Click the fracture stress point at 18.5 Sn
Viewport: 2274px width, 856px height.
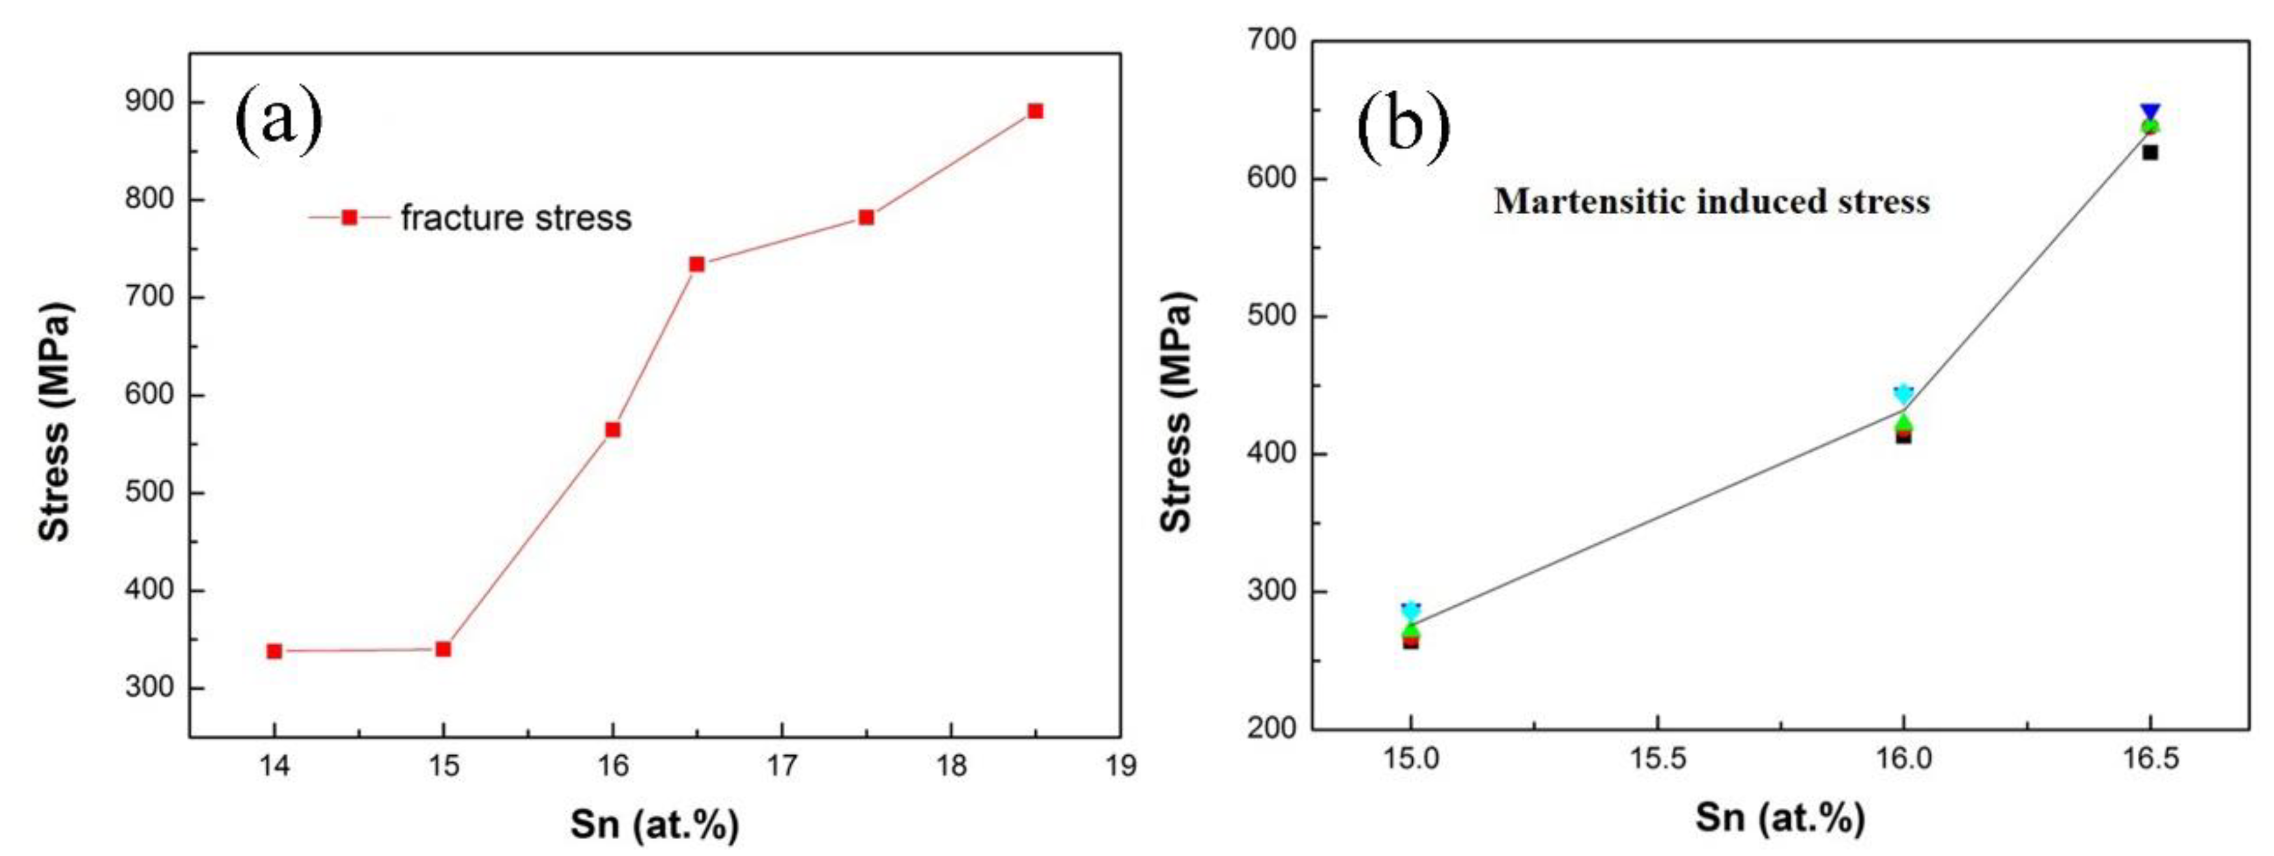[1036, 111]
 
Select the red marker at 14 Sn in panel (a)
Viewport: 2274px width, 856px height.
[274, 651]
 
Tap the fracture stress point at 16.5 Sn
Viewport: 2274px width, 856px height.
[696, 264]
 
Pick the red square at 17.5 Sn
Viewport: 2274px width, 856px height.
[866, 217]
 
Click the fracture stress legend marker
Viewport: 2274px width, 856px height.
[350, 217]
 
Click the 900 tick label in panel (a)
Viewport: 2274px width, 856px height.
[150, 102]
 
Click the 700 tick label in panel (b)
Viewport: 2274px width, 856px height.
[1268, 40]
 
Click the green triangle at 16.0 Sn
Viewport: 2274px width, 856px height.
[1903, 422]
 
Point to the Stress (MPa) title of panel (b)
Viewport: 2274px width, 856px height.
[1176, 412]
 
